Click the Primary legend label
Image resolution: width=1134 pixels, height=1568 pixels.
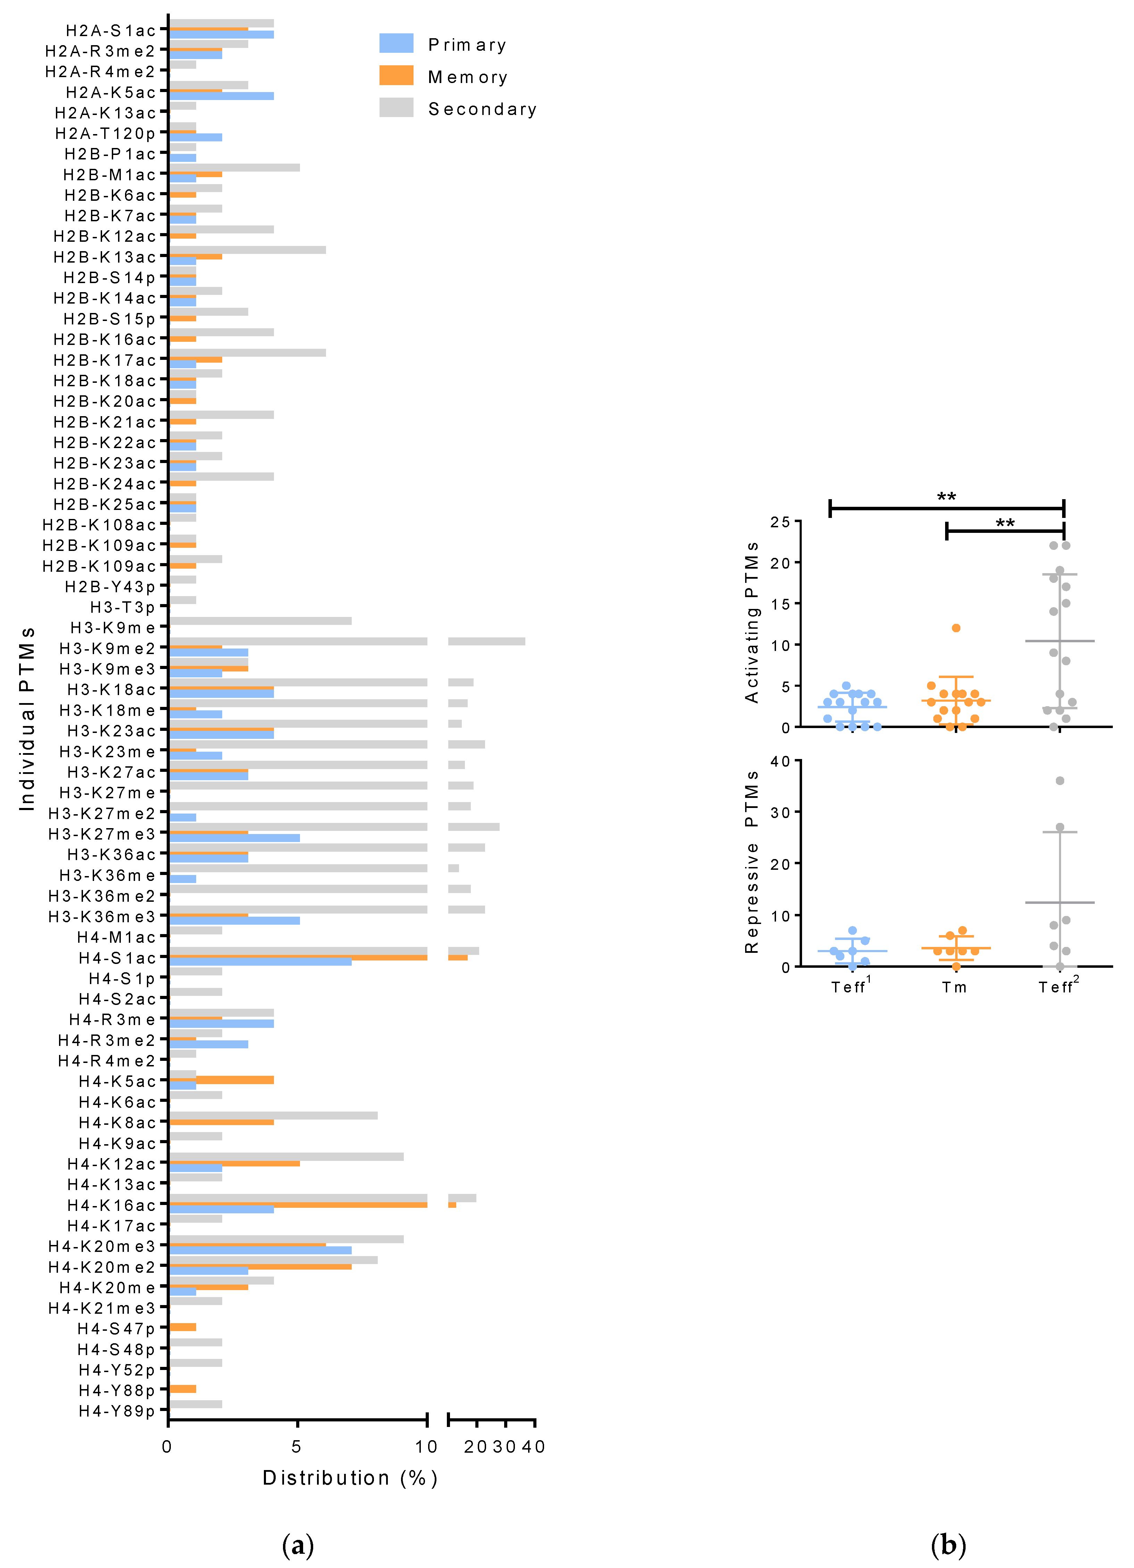[x=467, y=45]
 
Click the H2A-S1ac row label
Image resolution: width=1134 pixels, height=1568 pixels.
[x=110, y=31]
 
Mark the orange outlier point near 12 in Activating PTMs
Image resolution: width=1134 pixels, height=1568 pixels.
[x=956, y=628]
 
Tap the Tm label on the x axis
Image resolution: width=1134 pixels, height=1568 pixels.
[x=954, y=987]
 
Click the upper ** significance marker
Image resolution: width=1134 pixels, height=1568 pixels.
[x=946, y=497]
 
